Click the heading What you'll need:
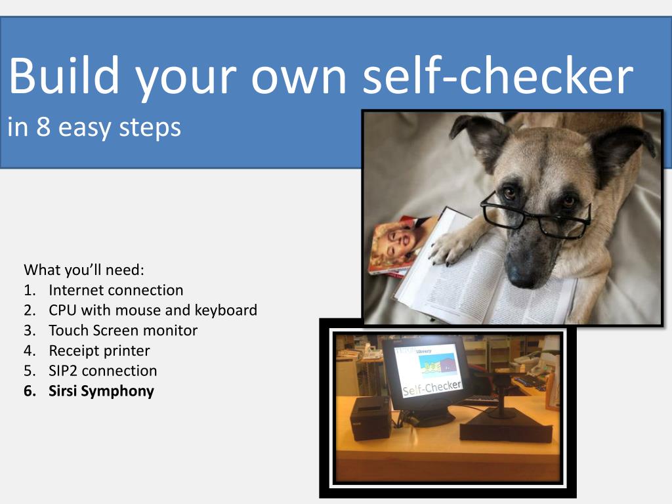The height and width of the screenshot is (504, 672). [84, 270]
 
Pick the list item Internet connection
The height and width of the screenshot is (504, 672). [115, 290]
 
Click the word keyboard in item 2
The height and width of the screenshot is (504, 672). [226, 310]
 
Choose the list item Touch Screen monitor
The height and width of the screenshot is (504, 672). [123, 331]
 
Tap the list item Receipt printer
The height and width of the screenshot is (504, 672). [100, 350]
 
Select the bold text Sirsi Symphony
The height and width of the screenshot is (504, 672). [101, 391]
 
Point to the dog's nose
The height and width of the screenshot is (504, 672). [522, 273]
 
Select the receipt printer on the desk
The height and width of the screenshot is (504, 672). [371, 418]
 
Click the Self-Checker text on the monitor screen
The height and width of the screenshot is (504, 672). [432, 387]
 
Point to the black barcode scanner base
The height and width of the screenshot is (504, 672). [506, 425]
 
